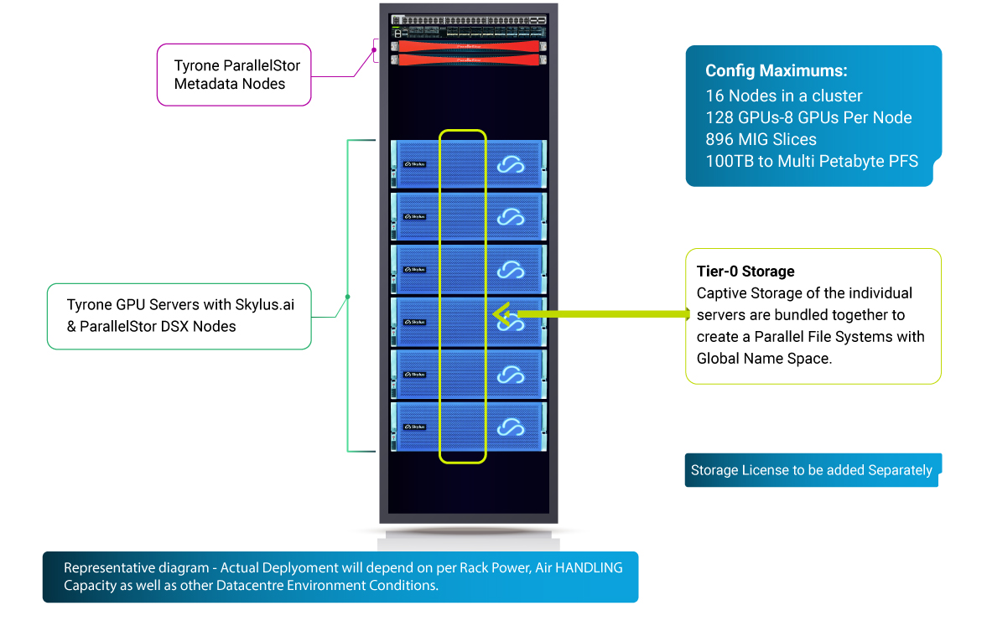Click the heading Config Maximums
776,71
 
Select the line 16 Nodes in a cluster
783,96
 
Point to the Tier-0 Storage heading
745,272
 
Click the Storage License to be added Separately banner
811,470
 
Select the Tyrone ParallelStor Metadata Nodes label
236,75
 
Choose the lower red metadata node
468,60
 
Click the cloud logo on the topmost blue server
510,165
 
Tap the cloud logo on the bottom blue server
510,427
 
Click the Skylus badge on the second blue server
414,217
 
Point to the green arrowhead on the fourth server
501,314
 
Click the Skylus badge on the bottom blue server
414,427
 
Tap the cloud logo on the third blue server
510,270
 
